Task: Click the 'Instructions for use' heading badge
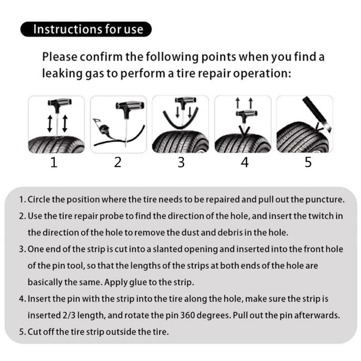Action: pos(86,30)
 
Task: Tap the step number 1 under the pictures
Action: pos(54,162)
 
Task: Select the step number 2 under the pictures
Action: pos(117,162)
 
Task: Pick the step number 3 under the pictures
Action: pos(181,162)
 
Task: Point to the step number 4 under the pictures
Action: pos(245,162)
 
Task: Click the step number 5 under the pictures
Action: pos(308,162)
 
